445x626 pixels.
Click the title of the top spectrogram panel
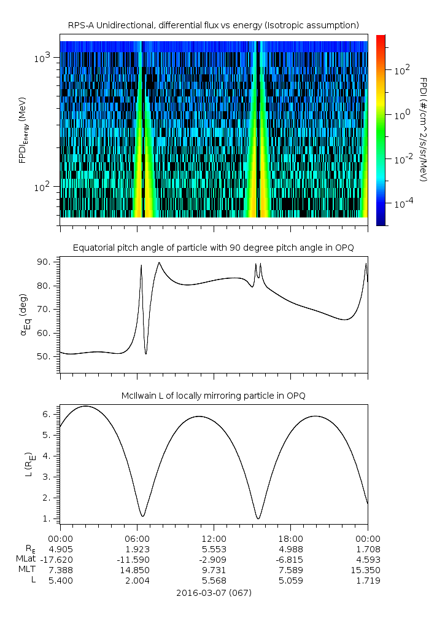point(213,25)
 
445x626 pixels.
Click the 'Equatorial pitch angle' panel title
point(213,248)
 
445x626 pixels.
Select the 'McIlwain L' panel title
point(213,396)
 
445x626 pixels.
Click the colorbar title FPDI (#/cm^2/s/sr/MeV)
point(424,130)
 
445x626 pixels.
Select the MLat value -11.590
point(137,559)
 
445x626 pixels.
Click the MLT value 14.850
point(137,569)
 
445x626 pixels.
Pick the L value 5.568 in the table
point(214,580)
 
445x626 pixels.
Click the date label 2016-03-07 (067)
point(214,593)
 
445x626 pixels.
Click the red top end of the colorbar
point(381,38)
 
